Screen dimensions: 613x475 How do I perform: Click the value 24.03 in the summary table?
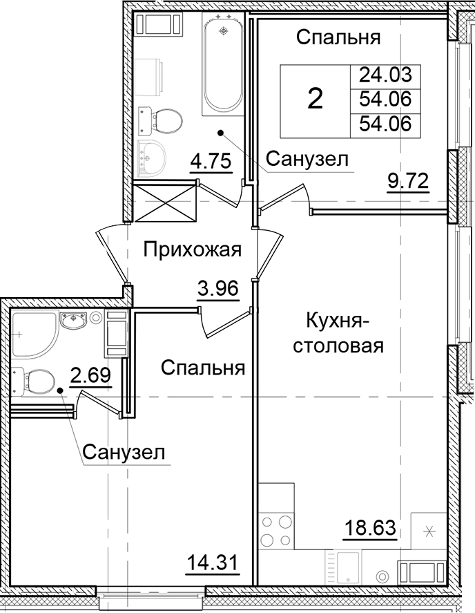pos(385,75)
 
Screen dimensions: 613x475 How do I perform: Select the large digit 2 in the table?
pos(315,100)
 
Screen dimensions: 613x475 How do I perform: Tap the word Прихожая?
pos(192,249)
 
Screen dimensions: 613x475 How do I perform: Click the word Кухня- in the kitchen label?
pos(338,321)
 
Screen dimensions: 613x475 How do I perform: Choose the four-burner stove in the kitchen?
pos(275,531)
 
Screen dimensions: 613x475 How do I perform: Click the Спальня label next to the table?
pos(338,38)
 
